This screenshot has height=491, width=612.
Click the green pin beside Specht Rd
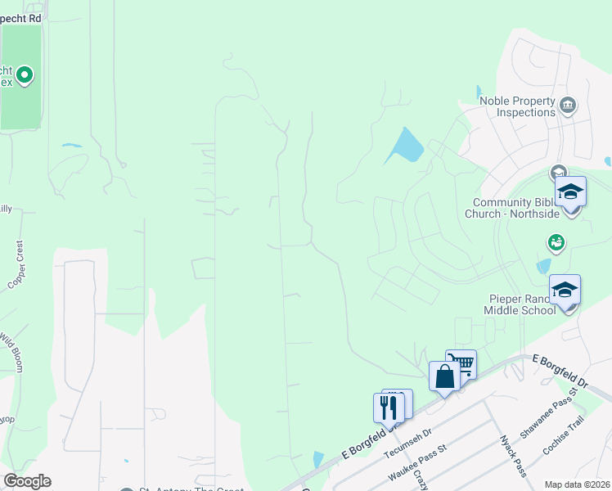coord(25,76)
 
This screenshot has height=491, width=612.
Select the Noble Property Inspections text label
coord(516,106)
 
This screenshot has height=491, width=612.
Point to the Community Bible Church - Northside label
coord(516,208)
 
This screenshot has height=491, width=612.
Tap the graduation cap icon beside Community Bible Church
coord(570,192)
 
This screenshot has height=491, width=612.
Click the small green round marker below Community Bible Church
coord(556,242)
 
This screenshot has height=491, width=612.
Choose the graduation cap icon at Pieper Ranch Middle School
coord(565,291)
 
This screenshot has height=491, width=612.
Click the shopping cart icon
coord(461,363)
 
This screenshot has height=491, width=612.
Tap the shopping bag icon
coord(444,376)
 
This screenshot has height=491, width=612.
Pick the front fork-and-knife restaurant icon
coord(389,408)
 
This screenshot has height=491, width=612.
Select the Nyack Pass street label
coord(513,456)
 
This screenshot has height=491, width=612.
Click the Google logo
coord(27,481)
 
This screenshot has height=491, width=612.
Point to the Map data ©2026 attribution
coord(576,484)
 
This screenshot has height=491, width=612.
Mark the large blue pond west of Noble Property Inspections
coord(405,146)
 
